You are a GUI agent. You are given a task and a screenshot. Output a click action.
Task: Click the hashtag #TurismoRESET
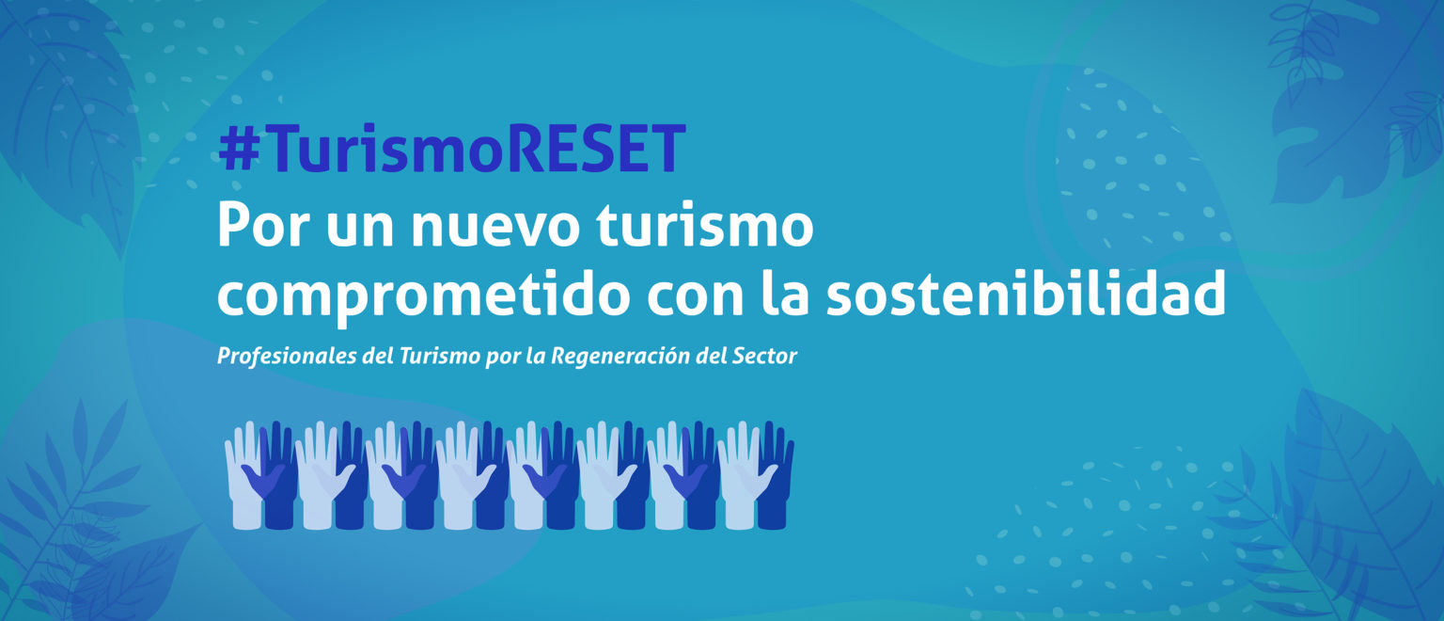pos(451,149)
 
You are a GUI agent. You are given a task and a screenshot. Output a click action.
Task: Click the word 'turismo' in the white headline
pos(704,225)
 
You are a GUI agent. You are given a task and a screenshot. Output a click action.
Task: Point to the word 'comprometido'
pos(424,295)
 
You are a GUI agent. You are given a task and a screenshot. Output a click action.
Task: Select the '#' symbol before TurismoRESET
pos(239,150)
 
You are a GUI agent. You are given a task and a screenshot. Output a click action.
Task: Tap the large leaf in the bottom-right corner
pos(1360,510)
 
